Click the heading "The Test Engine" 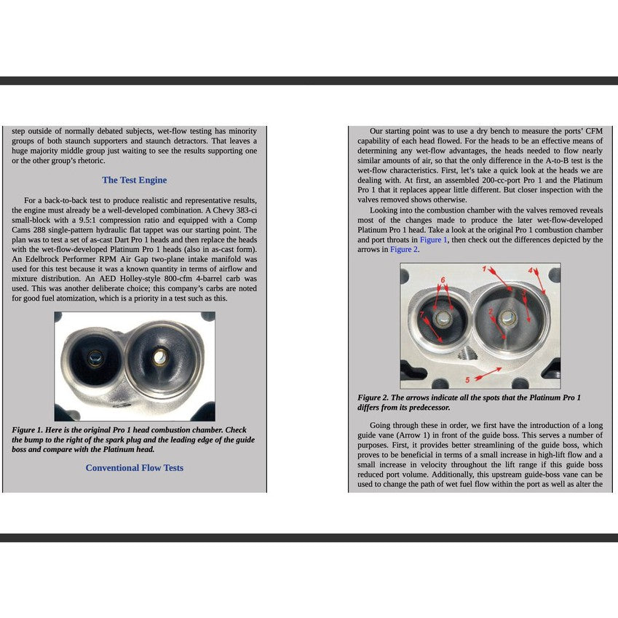click(x=134, y=180)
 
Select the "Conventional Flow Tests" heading click(x=134, y=467)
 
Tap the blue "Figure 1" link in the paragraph click(x=434, y=239)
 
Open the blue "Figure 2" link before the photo click(x=404, y=249)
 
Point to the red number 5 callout click(x=468, y=380)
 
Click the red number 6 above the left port click(x=443, y=280)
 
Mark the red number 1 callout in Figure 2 click(x=485, y=269)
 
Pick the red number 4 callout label click(x=531, y=270)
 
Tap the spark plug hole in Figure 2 click(x=464, y=354)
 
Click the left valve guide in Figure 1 click(x=95, y=357)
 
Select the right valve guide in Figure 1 click(x=159, y=357)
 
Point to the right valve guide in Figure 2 click(x=508, y=317)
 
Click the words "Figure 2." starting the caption click(x=373, y=397)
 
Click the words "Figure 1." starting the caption click(x=28, y=429)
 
